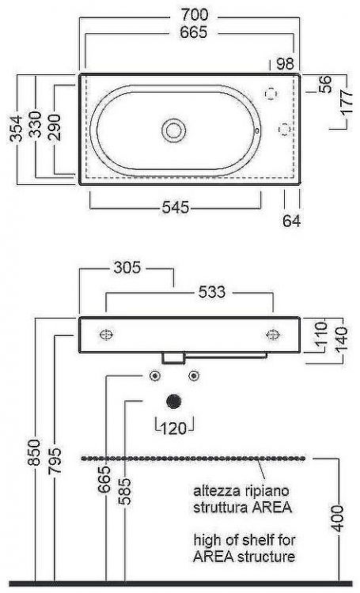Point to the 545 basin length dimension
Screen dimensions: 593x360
(176, 207)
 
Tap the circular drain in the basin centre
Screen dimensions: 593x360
(172, 129)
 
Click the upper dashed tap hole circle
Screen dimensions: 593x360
(274, 93)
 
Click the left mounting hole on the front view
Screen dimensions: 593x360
(106, 334)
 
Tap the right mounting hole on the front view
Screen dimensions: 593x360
(273, 334)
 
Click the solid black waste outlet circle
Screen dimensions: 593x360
(174, 400)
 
